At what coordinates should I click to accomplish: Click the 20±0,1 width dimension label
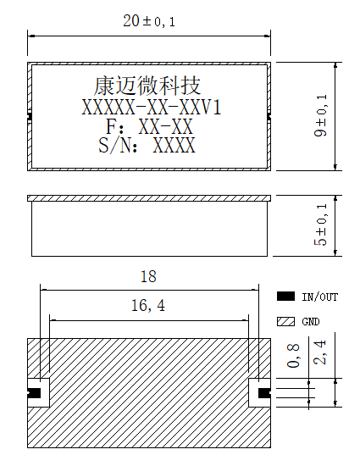point(149,21)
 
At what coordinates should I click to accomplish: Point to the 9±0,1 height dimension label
point(320,115)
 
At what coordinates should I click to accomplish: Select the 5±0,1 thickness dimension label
point(320,225)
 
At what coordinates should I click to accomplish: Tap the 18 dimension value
point(148,276)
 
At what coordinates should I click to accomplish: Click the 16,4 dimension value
point(148,306)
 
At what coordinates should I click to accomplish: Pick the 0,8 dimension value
point(293,356)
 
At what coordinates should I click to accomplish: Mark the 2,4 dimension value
point(319,352)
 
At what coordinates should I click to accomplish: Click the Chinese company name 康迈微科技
point(147,86)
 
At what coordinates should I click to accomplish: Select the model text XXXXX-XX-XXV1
point(152,108)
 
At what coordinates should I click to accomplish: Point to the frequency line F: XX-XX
point(149,126)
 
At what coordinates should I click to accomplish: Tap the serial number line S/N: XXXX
point(147,145)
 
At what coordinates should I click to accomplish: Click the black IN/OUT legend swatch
point(285,297)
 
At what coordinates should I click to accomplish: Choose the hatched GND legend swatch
point(285,322)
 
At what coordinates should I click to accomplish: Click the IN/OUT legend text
point(320,297)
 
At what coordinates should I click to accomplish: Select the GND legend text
point(311,322)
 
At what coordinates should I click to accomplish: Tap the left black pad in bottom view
point(34,393)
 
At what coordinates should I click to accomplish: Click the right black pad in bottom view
point(264,393)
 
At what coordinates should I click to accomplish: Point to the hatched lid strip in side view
point(149,198)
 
